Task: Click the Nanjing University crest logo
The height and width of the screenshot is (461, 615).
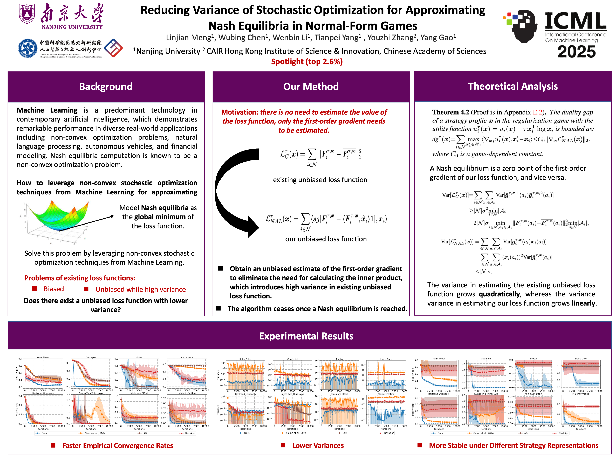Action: click(27, 14)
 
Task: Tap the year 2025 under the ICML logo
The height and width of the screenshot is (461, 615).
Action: click(576, 52)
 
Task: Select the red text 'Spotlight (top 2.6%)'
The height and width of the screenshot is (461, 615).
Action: click(307, 61)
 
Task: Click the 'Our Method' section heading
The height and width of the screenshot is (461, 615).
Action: click(311, 86)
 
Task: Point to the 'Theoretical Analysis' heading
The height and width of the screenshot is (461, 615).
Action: click(513, 86)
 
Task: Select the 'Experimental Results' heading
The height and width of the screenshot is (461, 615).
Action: click(306, 336)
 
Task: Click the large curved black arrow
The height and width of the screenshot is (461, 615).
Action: click(234, 192)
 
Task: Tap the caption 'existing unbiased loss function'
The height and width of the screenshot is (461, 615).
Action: click(320, 180)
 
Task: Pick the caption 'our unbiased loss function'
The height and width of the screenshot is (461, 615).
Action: click(326, 239)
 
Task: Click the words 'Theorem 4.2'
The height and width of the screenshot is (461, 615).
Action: click(450, 112)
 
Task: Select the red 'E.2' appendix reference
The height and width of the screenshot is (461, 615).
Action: click(537, 112)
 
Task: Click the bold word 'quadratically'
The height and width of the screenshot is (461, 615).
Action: click(499, 294)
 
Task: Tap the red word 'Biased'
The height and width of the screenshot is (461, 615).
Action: click(54, 289)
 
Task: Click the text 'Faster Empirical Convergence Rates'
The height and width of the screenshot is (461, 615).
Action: click(118, 446)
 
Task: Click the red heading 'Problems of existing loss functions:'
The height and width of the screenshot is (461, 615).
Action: click(80, 278)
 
